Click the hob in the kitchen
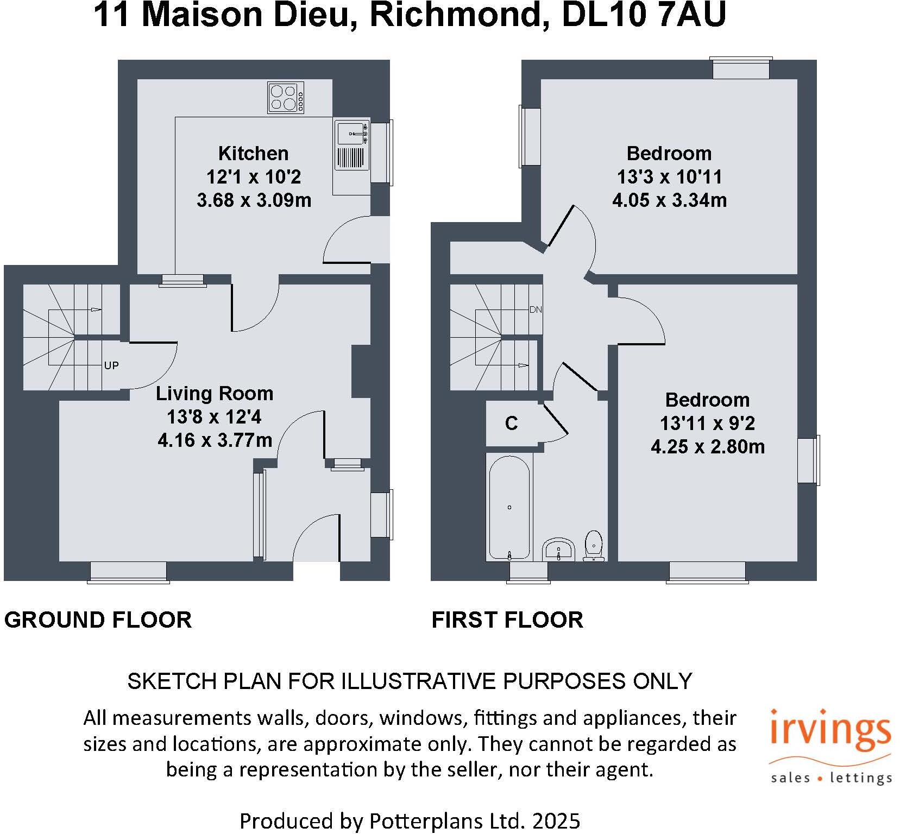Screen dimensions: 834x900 click(286, 98)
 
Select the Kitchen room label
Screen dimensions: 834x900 click(253, 154)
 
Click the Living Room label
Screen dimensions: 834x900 click(215, 394)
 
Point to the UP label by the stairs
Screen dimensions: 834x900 click(111, 365)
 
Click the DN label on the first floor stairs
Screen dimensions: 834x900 click(536, 310)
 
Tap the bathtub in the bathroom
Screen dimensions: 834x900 click(509, 507)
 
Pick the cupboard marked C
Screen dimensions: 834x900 click(512, 424)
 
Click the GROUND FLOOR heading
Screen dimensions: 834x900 click(98, 620)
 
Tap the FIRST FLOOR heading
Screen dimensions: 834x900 click(507, 620)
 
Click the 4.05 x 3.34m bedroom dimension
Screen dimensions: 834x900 click(669, 200)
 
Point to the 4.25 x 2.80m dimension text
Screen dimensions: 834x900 click(707, 447)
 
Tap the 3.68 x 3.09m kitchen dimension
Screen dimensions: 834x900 click(254, 200)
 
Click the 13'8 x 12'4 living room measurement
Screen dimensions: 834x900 click(215, 417)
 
